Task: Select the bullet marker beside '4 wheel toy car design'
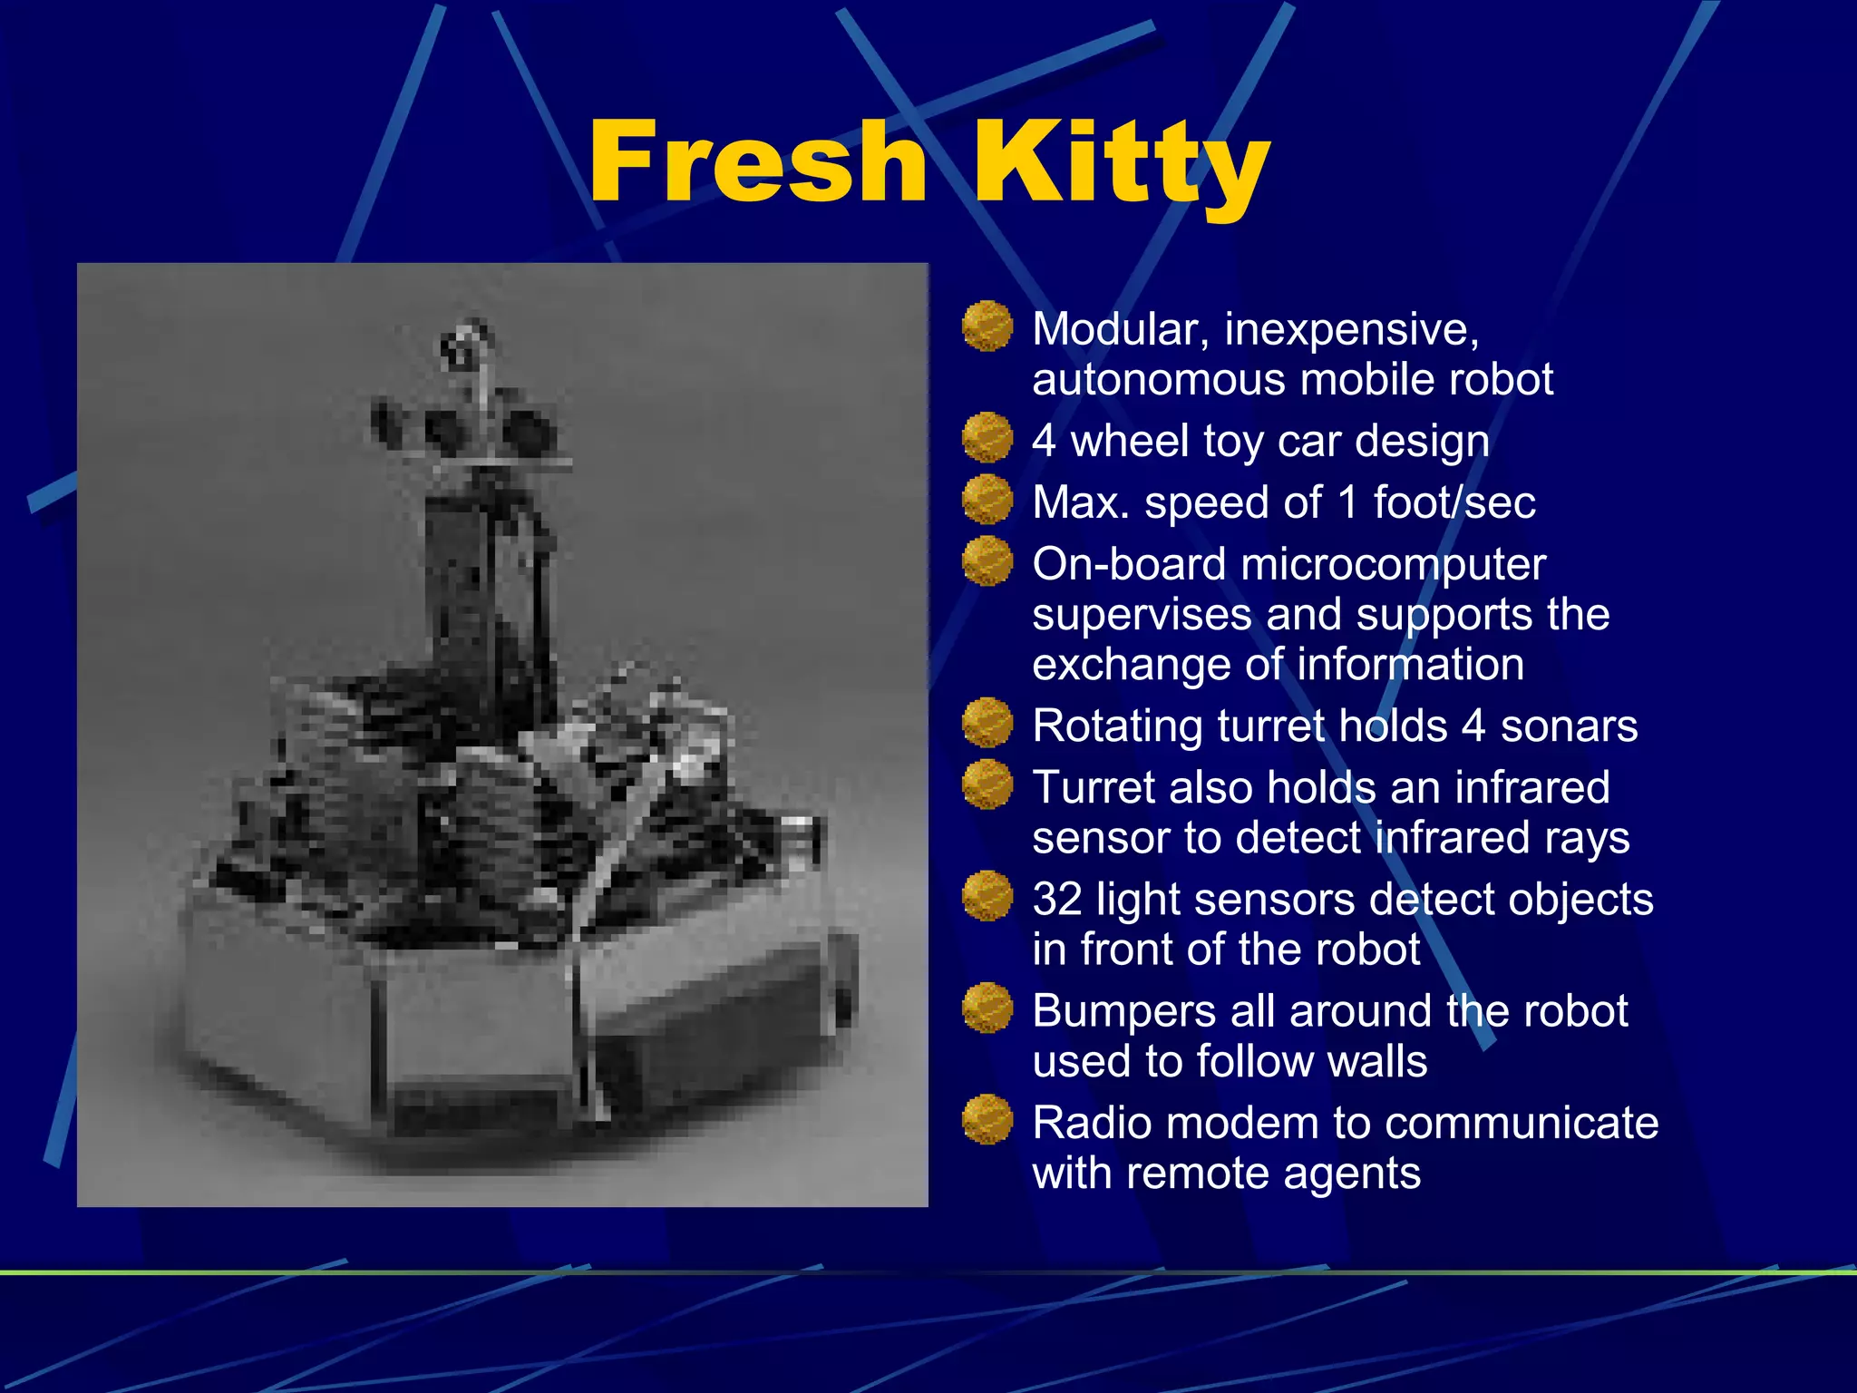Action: [x=987, y=438]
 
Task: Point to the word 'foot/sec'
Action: [x=1454, y=502]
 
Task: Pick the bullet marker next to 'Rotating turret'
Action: [x=987, y=723]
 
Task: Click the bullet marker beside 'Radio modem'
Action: [x=987, y=1120]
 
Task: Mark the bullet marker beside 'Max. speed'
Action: [x=987, y=500]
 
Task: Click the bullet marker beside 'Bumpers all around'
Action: [x=987, y=1008]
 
